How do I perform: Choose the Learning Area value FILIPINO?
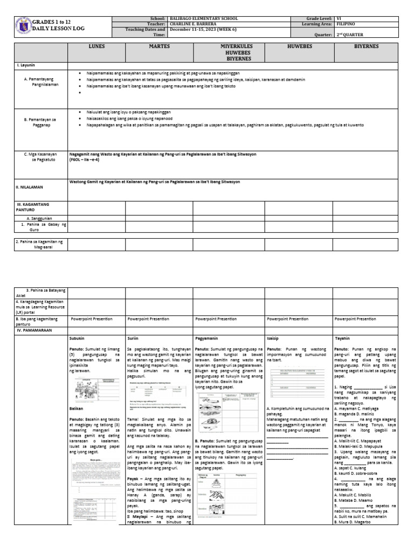pyautogui.click(x=346, y=24)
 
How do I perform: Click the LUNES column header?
pyautogui.click(x=96, y=47)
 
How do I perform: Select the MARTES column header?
pyautogui.click(x=159, y=47)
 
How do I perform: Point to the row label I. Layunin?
pyautogui.click(x=27, y=65)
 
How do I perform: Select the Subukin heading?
pyautogui.click(x=77, y=339)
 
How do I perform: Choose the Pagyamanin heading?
pyautogui.click(x=206, y=339)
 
